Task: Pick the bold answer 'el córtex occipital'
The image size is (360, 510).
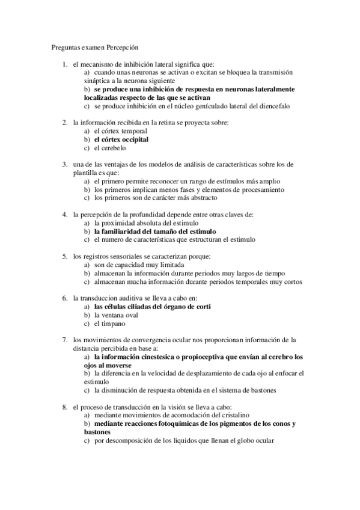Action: (121, 140)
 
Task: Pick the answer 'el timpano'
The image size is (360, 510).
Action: (110, 323)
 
